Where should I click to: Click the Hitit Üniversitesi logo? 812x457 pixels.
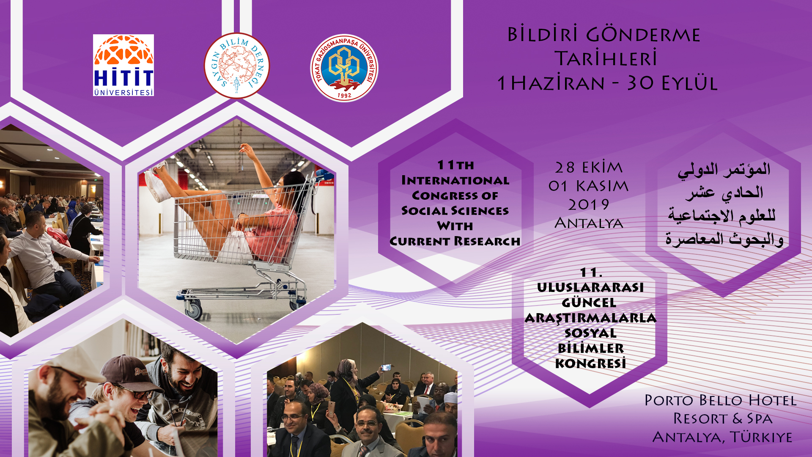(123, 65)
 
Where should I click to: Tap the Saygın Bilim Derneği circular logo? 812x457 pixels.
(237, 66)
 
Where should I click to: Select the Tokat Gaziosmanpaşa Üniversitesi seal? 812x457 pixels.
(344, 68)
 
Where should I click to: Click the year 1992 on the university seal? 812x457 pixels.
(344, 96)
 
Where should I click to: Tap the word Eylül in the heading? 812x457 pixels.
(689, 83)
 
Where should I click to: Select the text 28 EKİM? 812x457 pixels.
(589, 168)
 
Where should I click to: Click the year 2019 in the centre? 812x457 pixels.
(589, 205)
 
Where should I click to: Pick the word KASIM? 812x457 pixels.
(602, 186)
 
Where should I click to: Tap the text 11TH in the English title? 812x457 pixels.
(455, 165)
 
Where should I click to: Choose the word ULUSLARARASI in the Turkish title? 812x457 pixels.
(590, 287)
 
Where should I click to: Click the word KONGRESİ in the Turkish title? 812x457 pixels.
(590, 363)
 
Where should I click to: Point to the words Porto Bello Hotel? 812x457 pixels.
(721, 400)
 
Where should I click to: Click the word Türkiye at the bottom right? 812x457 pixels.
(761, 437)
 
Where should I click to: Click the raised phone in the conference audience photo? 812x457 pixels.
(386, 367)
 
